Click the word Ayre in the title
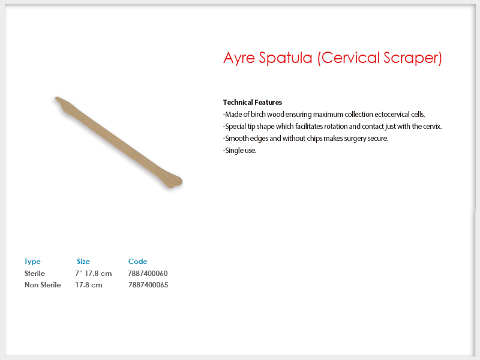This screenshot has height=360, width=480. [x=239, y=58]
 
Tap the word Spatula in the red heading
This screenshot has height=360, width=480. [x=286, y=58]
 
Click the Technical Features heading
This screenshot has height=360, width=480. [x=252, y=102]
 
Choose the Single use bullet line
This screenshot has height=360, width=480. [x=239, y=151]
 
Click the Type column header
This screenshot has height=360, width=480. [x=32, y=262]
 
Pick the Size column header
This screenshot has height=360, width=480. [x=83, y=262]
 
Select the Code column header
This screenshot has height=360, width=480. [x=138, y=262]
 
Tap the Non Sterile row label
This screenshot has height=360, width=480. [x=43, y=285]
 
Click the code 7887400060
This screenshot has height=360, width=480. [x=148, y=274]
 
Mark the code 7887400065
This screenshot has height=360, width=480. [x=148, y=285]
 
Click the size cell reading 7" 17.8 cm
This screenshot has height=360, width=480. [x=94, y=274]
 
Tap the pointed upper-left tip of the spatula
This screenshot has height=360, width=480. [x=56, y=98]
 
